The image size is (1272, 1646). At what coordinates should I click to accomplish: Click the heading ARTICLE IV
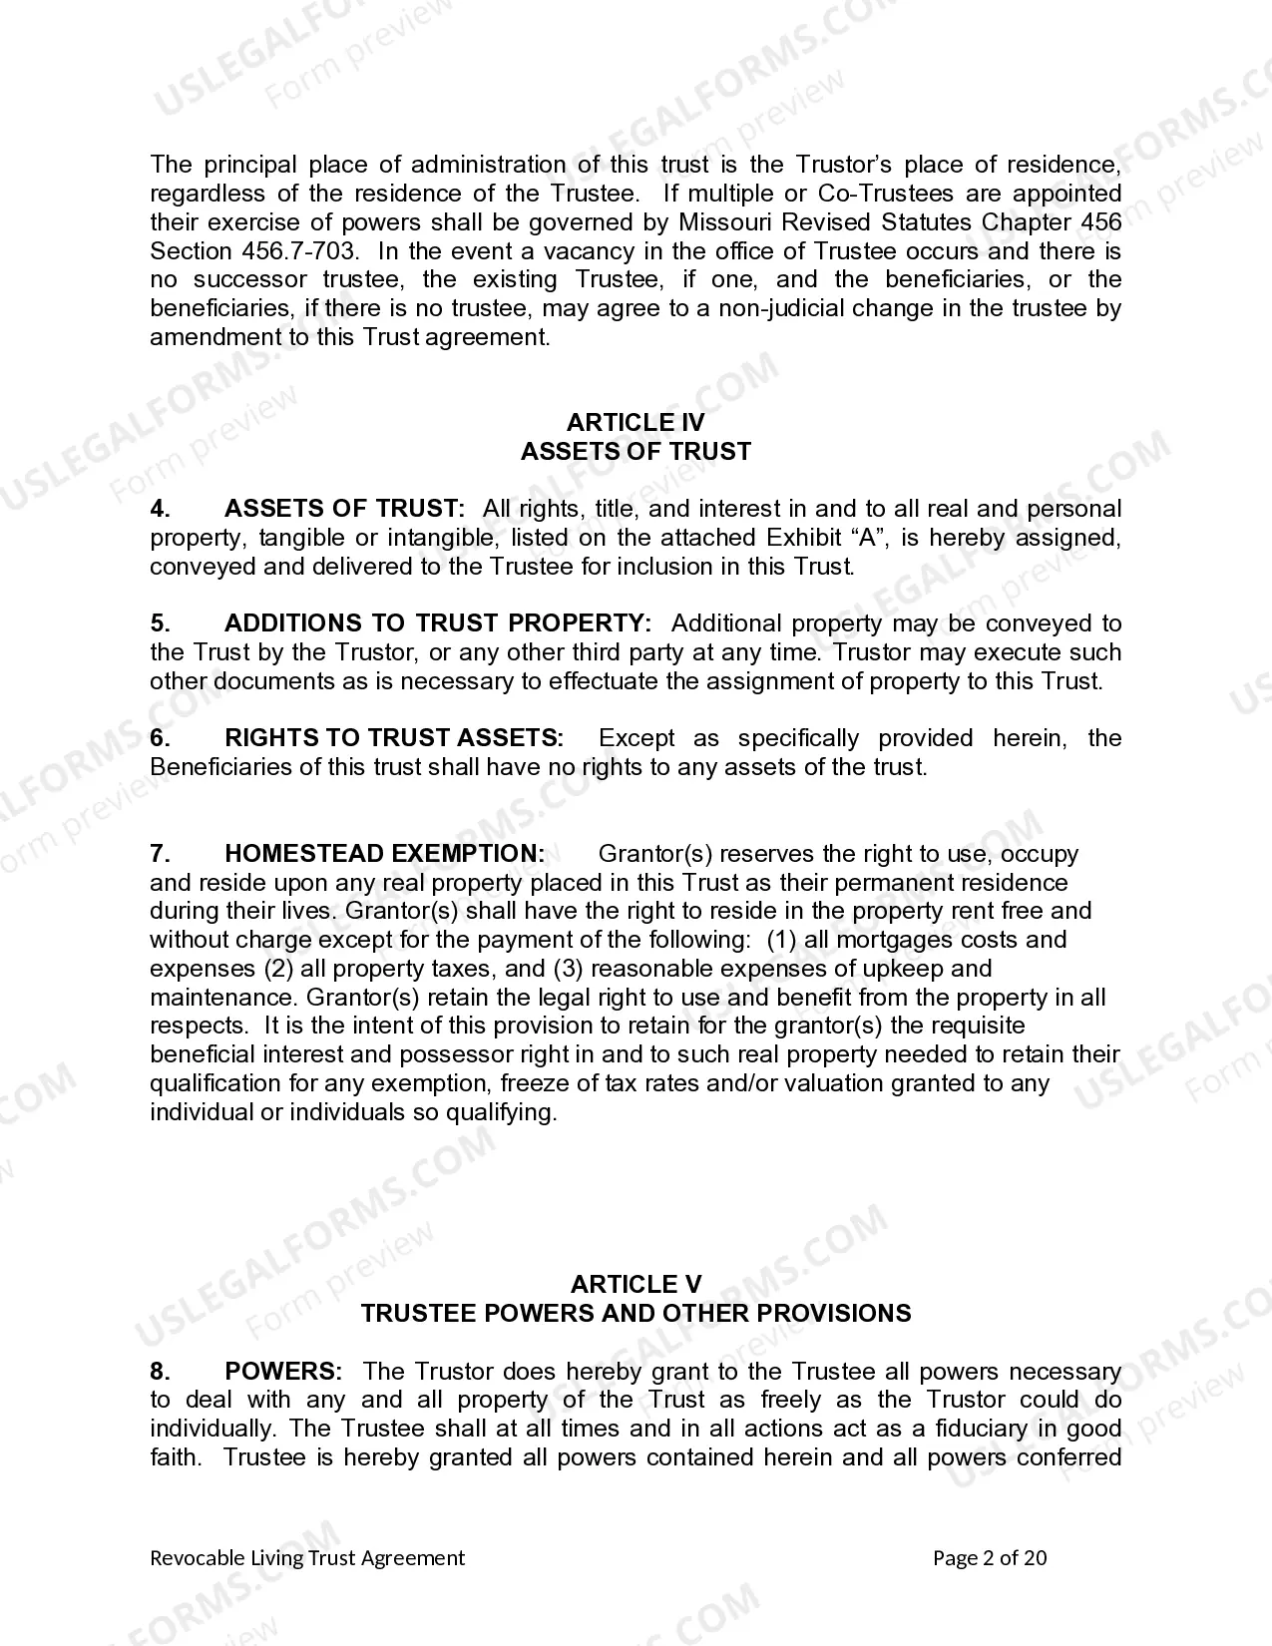pos(636,423)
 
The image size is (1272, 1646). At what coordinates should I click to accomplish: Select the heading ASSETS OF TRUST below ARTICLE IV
pos(636,452)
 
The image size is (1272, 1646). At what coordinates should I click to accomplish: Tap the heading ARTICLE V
pos(636,1284)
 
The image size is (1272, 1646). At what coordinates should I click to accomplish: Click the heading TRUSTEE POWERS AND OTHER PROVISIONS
pos(636,1313)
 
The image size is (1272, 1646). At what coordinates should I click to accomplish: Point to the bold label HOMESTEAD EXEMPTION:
pos(384,854)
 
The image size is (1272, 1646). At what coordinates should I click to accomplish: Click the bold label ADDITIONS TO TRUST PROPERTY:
pos(438,623)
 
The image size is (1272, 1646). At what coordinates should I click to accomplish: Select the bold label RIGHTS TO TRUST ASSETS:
pos(394,738)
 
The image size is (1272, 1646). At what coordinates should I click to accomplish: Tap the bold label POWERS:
pos(283,1371)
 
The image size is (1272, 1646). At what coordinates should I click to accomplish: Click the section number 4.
pos(160,509)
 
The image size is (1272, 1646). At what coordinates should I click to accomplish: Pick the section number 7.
pos(160,854)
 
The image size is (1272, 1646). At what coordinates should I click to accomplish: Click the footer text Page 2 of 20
pos(990,1558)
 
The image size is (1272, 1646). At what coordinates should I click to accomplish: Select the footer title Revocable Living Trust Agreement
pos(307,1558)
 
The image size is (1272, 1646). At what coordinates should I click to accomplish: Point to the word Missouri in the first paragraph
pos(723,222)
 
